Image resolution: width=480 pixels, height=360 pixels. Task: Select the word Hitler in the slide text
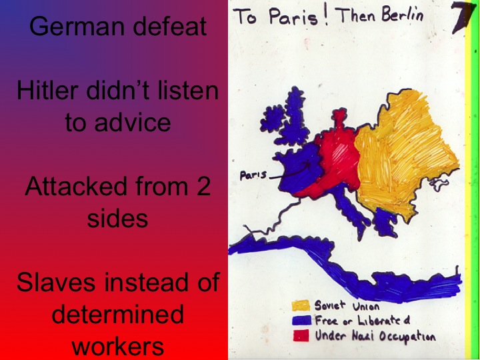click(x=43, y=91)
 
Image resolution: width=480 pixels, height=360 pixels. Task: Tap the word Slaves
click(x=57, y=283)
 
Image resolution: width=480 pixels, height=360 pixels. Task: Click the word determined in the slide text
click(x=117, y=315)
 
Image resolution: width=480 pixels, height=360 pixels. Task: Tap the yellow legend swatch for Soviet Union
click(x=301, y=306)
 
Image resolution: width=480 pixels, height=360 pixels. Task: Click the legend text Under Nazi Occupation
click(x=375, y=335)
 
